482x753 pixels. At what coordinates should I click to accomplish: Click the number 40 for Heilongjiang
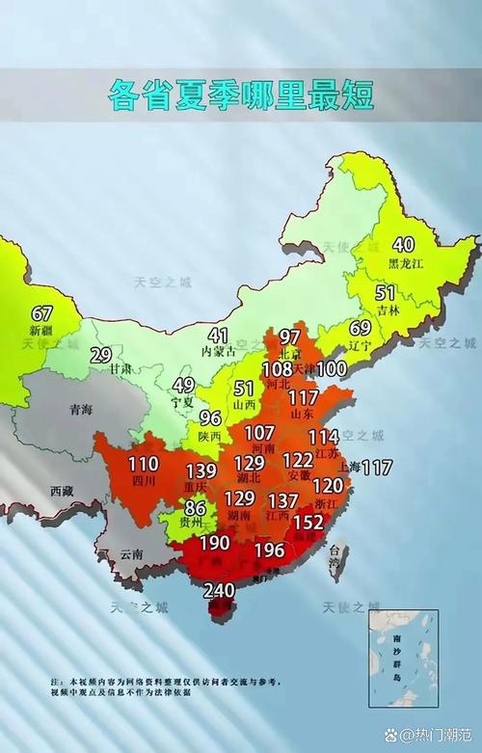(403, 245)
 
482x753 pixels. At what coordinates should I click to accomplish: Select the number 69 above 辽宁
(360, 328)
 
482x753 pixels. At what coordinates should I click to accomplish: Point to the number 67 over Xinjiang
(41, 313)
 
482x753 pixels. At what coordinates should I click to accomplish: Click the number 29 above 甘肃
(100, 354)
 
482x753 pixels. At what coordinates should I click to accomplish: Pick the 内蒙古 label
(218, 353)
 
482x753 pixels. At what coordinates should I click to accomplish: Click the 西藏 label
(62, 490)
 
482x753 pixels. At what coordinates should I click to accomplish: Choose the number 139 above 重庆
(201, 471)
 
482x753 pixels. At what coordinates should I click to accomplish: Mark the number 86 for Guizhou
(196, 507)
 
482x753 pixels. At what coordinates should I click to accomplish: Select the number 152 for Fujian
(308, 522)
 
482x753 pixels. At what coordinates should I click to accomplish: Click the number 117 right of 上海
(377, 468)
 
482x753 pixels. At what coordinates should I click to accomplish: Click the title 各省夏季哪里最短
(240, 94)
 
